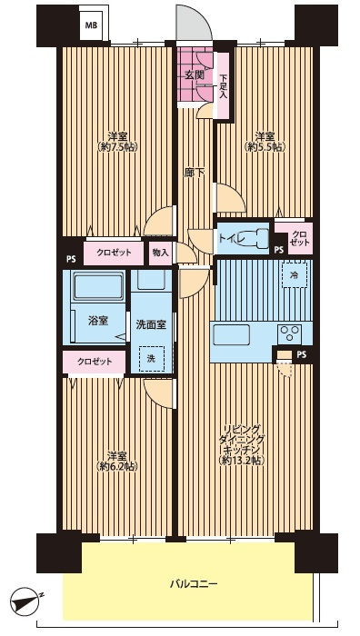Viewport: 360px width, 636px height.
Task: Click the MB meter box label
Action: click(x=91, y=25)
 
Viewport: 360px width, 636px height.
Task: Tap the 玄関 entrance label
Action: click(x=194, y=75)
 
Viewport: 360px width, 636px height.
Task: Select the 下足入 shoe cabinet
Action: click(x=224, y=85)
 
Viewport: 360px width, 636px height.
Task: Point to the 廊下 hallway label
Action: click(x=195, y=174)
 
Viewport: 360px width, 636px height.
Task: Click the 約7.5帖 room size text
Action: click(x=117, y=147)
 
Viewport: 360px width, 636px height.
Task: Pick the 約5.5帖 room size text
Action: click(x=265, y=147)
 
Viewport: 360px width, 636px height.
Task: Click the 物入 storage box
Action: click(x=160, y=253)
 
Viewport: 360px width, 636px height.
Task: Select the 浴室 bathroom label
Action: click(x=98, y=322)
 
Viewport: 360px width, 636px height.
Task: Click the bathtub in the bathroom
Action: click(x=98, y=286)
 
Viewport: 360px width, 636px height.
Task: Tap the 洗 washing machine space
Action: click(x=151, y=359)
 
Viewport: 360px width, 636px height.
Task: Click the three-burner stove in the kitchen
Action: click(x=289, y=333)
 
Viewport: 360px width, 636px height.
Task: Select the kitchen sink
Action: click(x=231, y=335)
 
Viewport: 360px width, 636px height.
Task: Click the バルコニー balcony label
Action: click(x=194, y=584)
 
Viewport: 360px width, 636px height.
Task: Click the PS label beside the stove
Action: click(x=301, y=354)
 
